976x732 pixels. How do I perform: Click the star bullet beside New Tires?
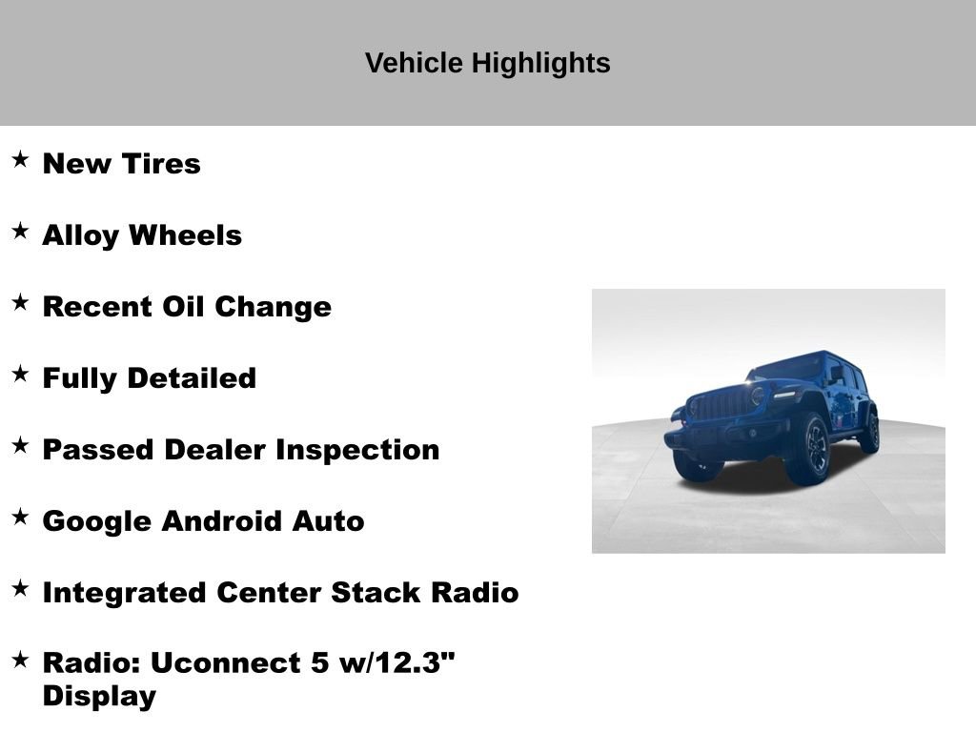[x=20, y=160]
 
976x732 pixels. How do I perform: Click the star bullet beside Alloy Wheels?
[x=20, y=232]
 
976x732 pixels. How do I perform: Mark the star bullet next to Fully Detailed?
[x=20, y=375]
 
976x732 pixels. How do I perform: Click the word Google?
[x=97, y=521]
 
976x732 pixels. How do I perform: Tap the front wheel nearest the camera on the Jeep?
[x=808, y=449]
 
